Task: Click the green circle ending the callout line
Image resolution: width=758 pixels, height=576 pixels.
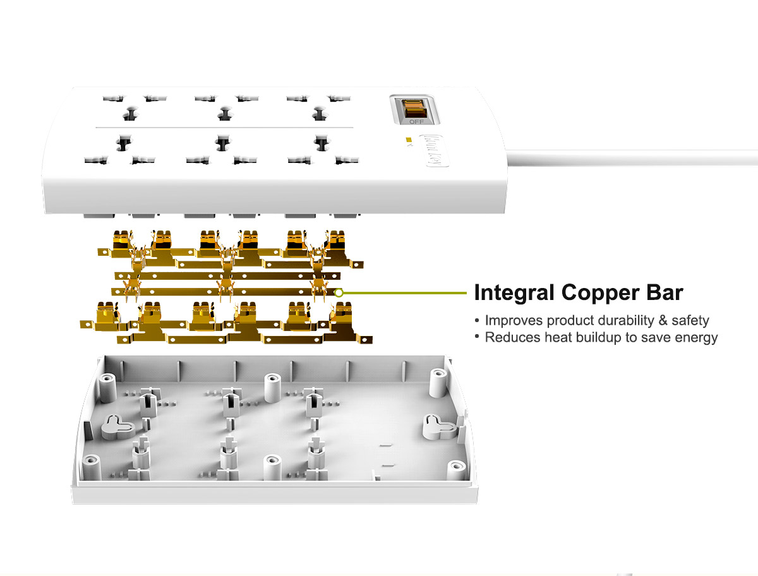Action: coord(339,292)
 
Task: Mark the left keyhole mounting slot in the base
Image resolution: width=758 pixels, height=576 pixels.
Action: coord(116,425)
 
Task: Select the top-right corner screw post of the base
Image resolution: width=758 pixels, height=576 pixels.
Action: coord(438,380)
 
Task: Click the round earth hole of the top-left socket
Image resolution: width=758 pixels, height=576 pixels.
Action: coord(130,114)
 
